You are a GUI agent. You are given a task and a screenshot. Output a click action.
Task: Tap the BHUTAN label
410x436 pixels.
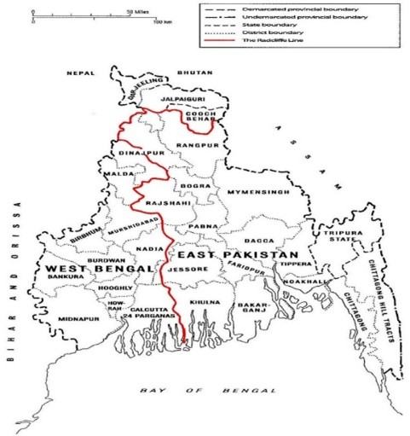pyautogui.click(x=197, y=73)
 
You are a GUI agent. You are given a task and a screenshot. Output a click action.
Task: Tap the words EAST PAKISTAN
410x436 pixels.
pyautogui.click(x=238, y=255)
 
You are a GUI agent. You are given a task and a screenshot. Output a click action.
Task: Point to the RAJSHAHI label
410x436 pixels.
pyautogui.click(x=162, y=205)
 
